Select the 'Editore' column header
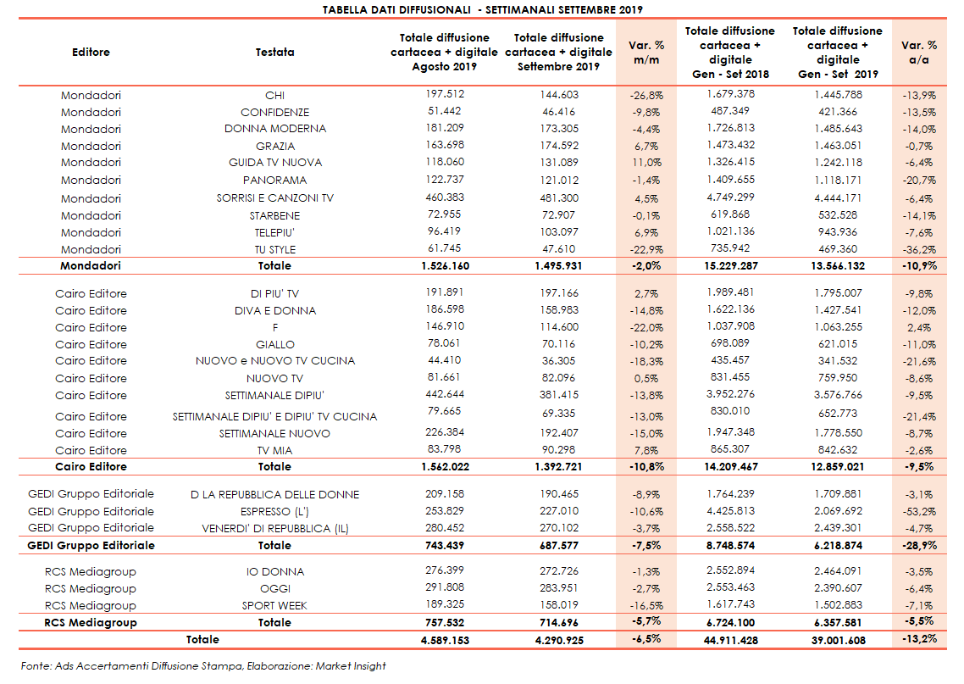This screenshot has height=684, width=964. tap(91, 52)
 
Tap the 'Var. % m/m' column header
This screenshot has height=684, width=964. tap(646, 52)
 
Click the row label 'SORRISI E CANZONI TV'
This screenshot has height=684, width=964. tap(274, 197)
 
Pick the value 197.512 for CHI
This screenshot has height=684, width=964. tap(445, 94)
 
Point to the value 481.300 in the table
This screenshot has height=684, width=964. tap(559, 197)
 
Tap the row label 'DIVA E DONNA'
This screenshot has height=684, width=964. tap(274, 310)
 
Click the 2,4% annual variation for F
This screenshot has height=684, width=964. tap(921, 327)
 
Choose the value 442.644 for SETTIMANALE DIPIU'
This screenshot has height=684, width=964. tap(445, 394)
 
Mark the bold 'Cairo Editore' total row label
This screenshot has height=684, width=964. tap(91, 466)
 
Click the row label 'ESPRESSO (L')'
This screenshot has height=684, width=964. tap(274, 511)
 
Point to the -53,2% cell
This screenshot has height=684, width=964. tap(918, 511)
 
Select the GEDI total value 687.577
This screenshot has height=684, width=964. tap(559, 545)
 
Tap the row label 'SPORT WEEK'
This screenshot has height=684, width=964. tap(274, 605)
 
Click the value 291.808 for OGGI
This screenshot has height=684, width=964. tap(445, 588)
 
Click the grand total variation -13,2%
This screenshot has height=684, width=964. tap(918, 639)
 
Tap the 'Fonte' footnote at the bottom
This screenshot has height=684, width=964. tap(203, 666)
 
